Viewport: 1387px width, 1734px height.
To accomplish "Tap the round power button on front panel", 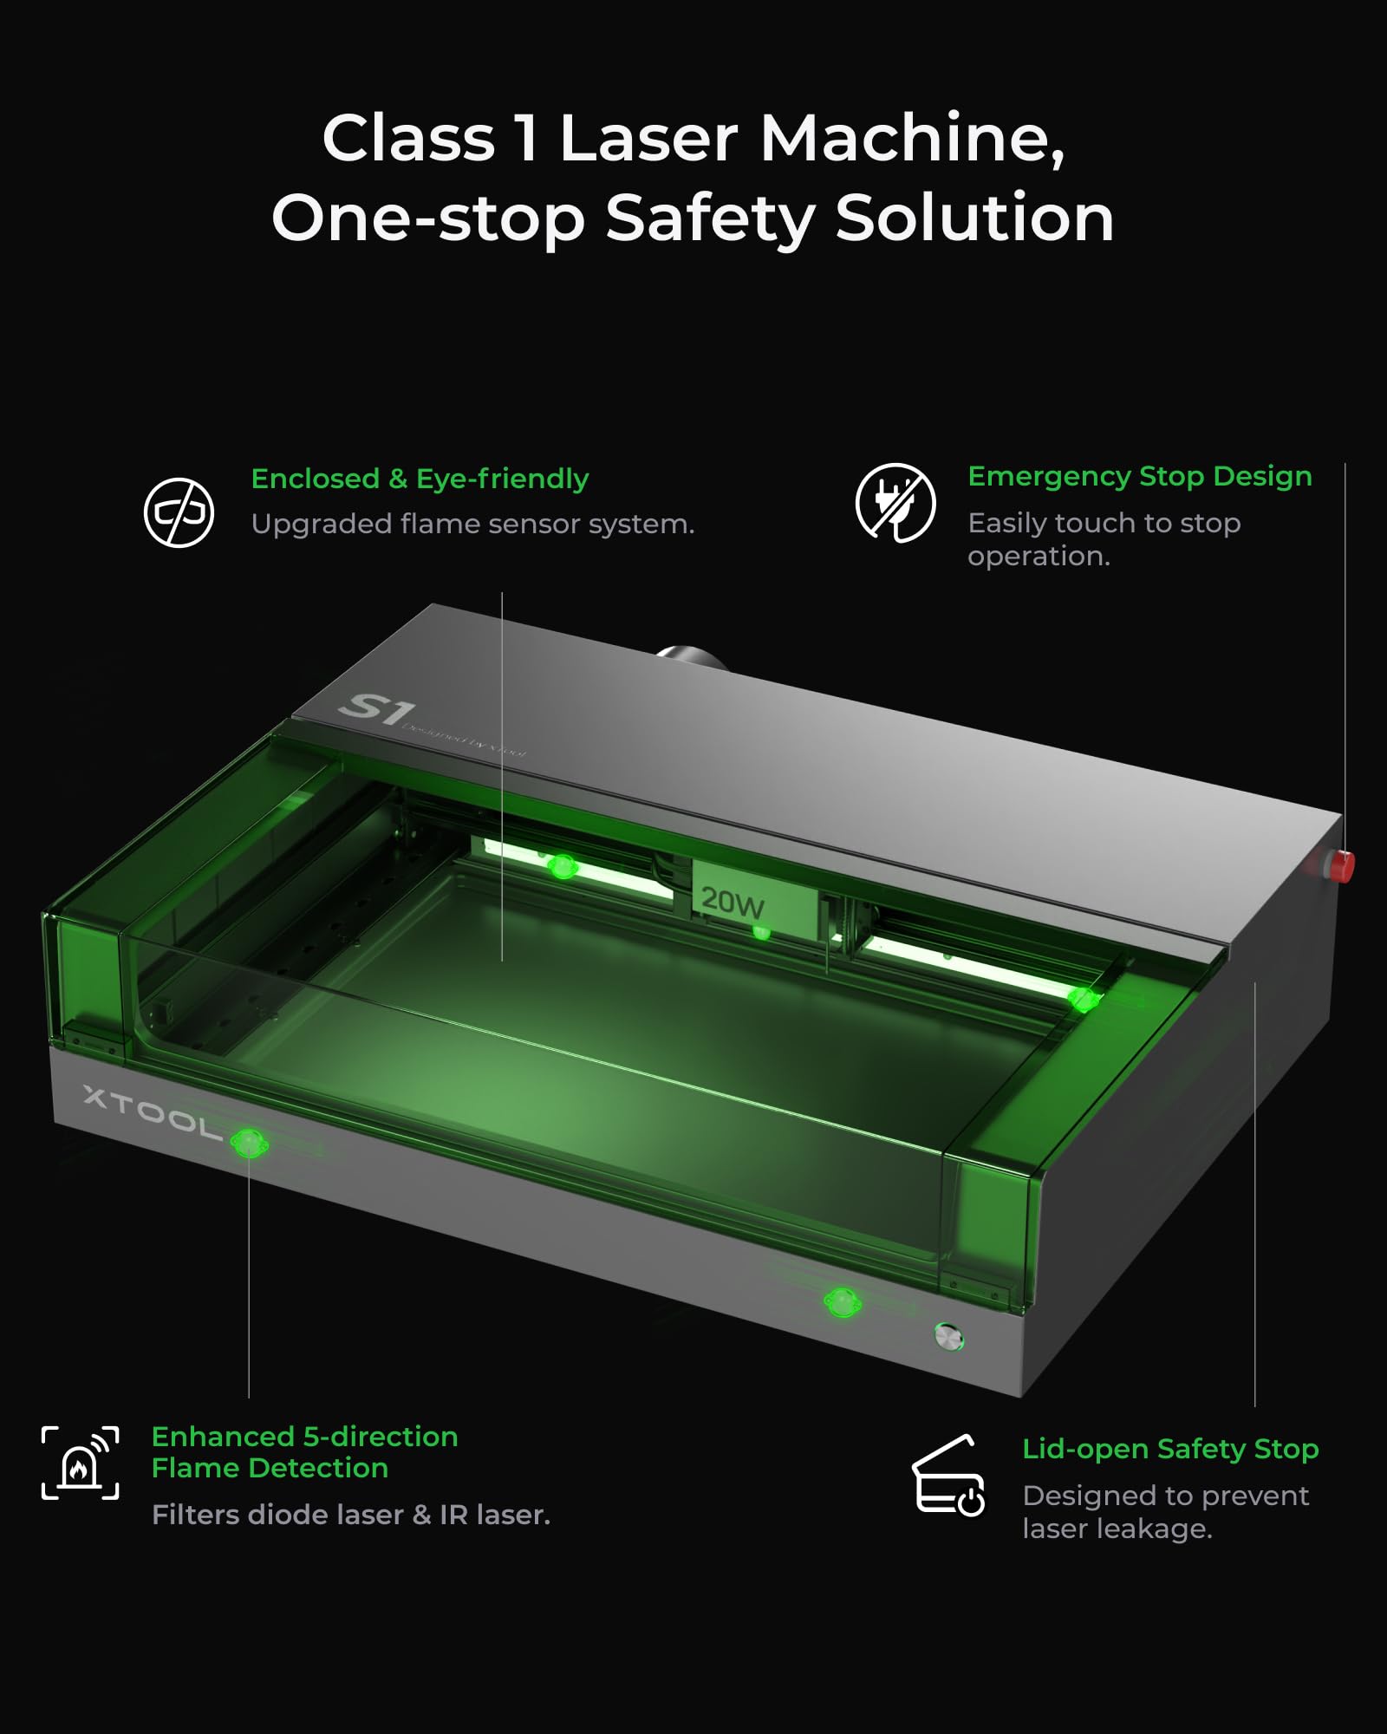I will [949, 1336].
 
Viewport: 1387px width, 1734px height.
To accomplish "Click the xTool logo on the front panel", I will [153, 1111].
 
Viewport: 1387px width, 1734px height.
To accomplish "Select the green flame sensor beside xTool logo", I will [249, 1144].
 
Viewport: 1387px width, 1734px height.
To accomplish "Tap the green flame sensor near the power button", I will [842, 1301].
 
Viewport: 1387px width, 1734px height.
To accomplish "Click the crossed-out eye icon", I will [179, 512].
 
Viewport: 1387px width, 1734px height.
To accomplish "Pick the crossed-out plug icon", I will [895, 503].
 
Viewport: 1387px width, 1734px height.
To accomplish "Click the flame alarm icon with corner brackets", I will [80, 1463].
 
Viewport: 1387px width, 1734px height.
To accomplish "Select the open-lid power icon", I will [948, 1477].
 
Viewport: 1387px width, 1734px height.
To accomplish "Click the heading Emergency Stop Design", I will [1139, 477].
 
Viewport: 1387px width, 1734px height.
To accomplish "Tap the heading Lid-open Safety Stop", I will [1169, 1449].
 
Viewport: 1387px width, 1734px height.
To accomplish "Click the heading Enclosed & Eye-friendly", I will [420, 479].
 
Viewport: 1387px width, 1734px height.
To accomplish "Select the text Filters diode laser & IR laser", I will [351, 1515].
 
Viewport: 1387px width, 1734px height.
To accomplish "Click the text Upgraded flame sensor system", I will [472, 525].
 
